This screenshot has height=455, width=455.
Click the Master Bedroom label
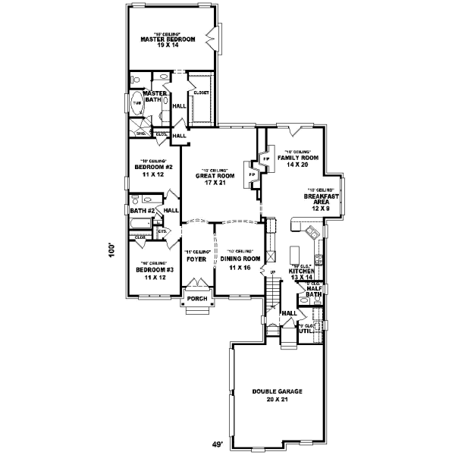(x=168, y=39)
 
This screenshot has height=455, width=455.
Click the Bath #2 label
(x=142, y=211)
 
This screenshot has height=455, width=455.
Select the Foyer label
(x=196, y=259)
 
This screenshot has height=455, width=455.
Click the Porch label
(x=197, y=299)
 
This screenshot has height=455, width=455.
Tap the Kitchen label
(x=301, y=270)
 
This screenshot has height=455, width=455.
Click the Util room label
(x=306, y=331)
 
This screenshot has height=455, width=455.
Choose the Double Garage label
(x=278, y=391)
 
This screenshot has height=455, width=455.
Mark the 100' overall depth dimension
(x=111, y=250)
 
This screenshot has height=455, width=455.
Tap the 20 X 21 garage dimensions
(x=277, y=399)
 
